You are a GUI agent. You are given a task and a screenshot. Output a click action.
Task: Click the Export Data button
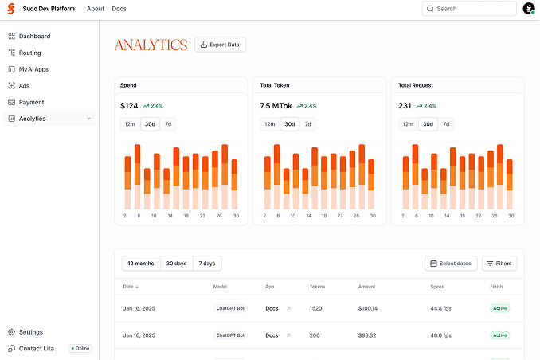tap(220, 45)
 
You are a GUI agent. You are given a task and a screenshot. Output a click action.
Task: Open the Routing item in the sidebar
tap(30, 53)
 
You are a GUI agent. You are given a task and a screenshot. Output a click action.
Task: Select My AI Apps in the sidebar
tap(33, 69)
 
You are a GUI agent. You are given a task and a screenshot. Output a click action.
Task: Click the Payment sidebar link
tap(32, 102)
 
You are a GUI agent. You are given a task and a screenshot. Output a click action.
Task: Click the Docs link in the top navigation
tap(119, 9)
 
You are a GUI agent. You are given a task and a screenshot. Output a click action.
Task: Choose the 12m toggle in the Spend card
tap(130, 123)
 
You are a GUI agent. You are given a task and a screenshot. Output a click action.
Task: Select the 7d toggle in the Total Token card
tap(307, 123)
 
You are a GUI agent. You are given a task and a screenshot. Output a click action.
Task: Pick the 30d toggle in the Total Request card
tap(428, 123)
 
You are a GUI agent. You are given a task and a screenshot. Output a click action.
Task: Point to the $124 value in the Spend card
tap(129, 105)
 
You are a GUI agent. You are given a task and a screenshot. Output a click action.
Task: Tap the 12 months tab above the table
tap(140, 264)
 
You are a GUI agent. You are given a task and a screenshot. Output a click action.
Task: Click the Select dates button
tap(451, 264)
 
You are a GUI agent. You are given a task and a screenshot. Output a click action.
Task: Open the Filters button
tap(499, 264)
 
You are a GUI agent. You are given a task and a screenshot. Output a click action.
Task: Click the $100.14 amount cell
tap(368, 308)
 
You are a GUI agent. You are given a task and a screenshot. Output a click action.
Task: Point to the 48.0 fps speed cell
tap(441, 335)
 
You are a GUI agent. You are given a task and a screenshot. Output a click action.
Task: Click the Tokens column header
tap(317, 287)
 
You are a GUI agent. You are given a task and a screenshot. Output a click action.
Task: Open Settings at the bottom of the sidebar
tap(31, 332)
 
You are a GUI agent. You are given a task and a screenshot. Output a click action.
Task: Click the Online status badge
tap(80, 349)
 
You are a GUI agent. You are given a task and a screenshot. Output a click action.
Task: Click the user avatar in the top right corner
tap(529, 9)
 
